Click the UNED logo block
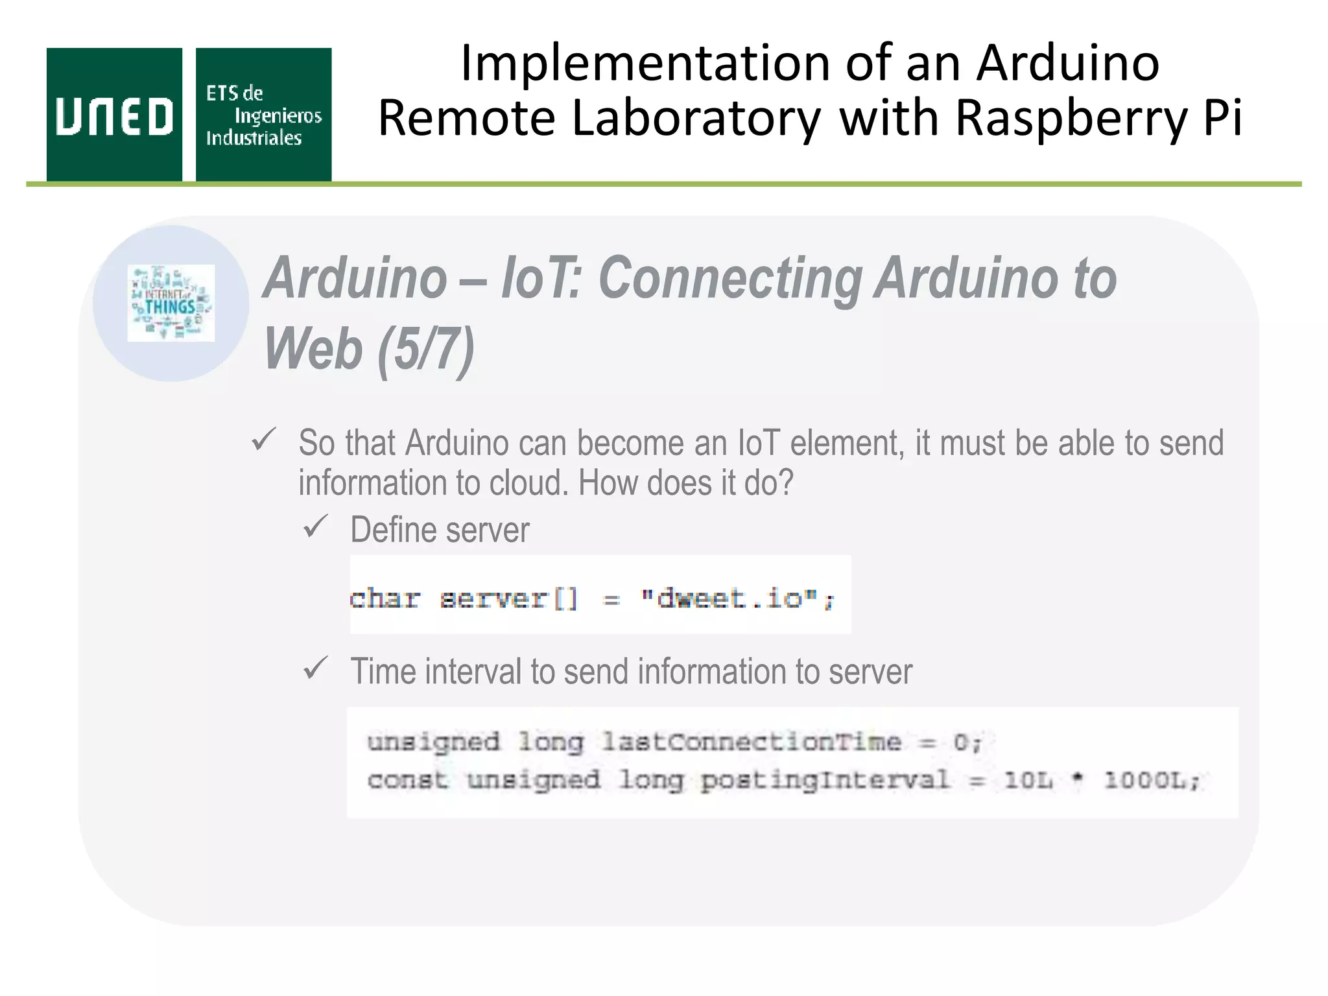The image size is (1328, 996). tap(114, 115)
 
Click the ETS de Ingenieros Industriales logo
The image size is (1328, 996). tap(263, 115)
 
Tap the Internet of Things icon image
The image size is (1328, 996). tap(171, 303)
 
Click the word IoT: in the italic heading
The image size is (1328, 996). tap(541, 278)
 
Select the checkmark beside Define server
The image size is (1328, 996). tap(316, 527)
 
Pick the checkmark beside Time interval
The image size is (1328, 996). tap(316, 668)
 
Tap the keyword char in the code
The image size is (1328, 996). tap(385, 598)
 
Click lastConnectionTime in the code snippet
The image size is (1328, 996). tap(751, 742)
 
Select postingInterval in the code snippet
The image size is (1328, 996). tap(825, 780)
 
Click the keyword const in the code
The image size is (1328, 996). tap(407, 780)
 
